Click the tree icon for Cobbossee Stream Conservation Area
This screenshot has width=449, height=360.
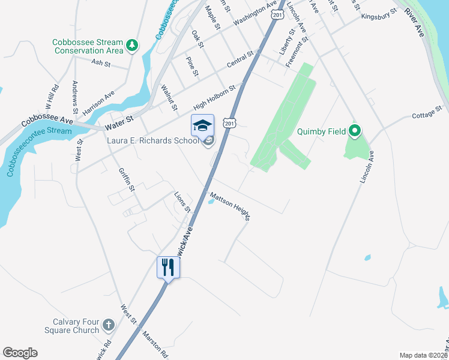click(131, 44)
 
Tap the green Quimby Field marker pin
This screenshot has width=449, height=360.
click(355, 130)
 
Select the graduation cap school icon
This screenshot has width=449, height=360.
click(202, 125)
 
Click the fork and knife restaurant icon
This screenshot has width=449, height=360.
click(168, 267)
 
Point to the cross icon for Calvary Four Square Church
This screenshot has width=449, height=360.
click(108, 325)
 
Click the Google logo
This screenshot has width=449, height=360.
click(20, 353)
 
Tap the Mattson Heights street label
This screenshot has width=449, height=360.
click(229, 206)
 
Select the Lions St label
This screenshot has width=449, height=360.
click(182, 203)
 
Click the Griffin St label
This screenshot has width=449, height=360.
click(126, 180)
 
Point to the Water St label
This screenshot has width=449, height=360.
click(118, 126)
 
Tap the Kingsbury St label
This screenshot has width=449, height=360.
click(379, 13)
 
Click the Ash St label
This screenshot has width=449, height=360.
click(101, 62)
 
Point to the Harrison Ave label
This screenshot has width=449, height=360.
click(99, 103)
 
